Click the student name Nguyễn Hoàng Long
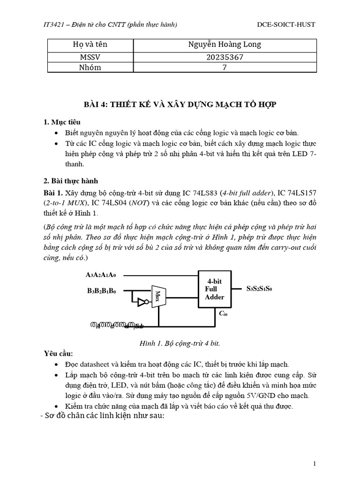(225, 45)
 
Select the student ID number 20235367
(225, 57)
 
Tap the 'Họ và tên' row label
(90, 45)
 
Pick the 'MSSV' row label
(90, 57)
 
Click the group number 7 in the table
(225, 67)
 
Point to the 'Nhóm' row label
(90, 67)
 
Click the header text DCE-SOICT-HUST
(286, 24)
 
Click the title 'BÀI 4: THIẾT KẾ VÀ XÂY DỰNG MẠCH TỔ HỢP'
(180, 104)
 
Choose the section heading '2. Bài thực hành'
(71, 181)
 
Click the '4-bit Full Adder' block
(215, 289)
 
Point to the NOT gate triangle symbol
(140, 303)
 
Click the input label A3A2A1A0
(101, 275)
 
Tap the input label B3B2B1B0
(101, 291)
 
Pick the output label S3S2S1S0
(259, 288)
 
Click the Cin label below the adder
(223, 313)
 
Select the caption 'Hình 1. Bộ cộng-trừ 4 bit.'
(180, 343)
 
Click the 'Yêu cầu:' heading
(59, 353)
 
